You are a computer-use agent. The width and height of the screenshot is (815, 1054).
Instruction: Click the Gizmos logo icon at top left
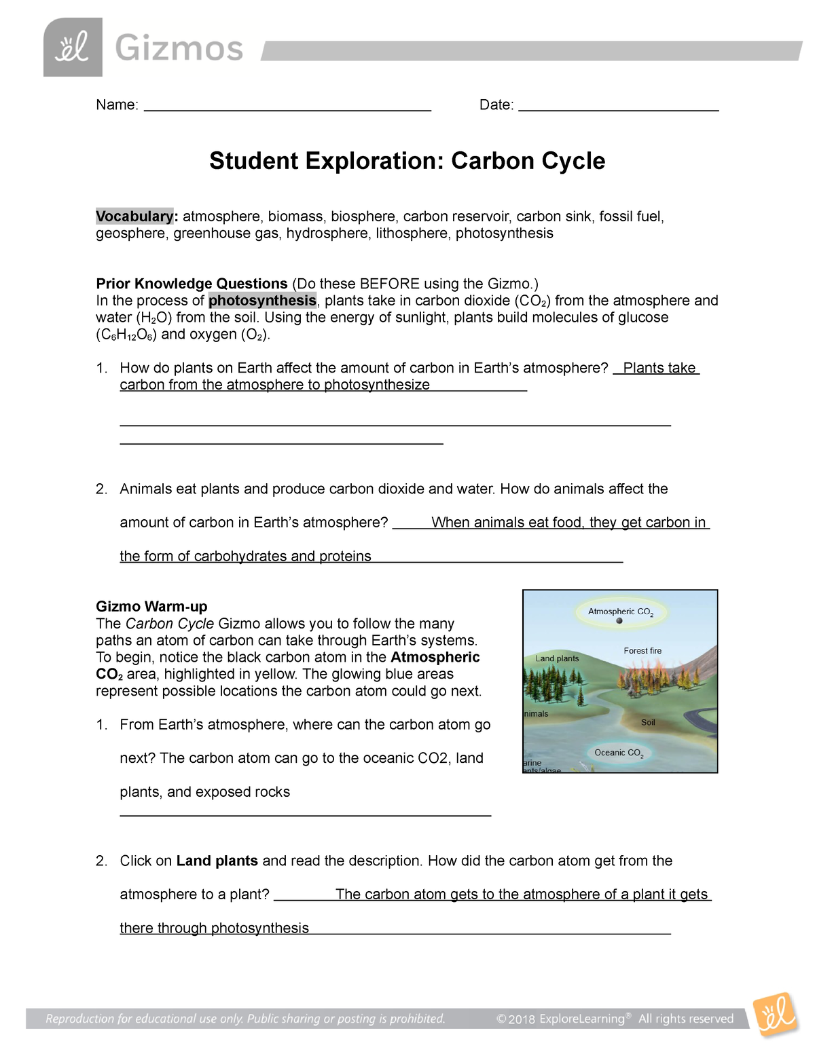[x=73, y=48]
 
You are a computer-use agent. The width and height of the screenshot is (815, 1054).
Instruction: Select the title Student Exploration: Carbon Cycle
[x=407, y=161]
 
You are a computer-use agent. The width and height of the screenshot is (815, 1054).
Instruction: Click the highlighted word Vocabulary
[x=134, y=217]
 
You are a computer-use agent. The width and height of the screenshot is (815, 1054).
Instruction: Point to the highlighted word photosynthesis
[x=262, y=301]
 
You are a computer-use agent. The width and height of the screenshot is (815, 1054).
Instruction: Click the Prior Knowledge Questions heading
[x=192, y=284]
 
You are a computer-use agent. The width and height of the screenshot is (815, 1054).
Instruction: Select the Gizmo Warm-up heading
[x=151, y=607]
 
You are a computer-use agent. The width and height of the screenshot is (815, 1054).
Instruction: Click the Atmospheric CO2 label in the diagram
[x=620, y=611]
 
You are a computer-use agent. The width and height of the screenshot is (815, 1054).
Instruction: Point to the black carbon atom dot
[x=619, y=621]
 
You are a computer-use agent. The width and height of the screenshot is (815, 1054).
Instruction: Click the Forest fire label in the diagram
[x=642, y=651]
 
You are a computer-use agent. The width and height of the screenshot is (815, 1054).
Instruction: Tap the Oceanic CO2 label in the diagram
[x=618, y=753]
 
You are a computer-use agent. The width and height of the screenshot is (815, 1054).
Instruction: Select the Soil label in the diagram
[x=648, y=723]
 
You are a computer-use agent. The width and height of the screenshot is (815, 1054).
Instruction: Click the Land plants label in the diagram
[x=557, y=658]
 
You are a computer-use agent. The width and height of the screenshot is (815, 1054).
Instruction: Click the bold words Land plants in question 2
[x=217, y=861]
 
